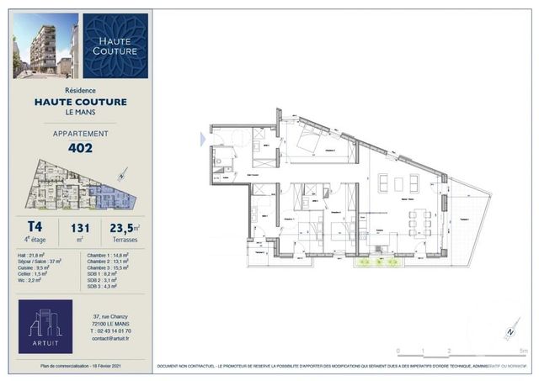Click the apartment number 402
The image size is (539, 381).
80,148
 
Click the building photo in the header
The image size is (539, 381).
47,45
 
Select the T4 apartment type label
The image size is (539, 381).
35,226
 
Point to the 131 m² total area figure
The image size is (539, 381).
80,227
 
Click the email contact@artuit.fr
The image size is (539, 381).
112,339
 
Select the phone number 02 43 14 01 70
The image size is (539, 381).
112,331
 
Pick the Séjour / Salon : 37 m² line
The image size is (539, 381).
40,261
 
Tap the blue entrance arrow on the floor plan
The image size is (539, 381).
202,138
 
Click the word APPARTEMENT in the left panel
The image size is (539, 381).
80,133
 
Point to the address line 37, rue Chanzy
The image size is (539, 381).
110,316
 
